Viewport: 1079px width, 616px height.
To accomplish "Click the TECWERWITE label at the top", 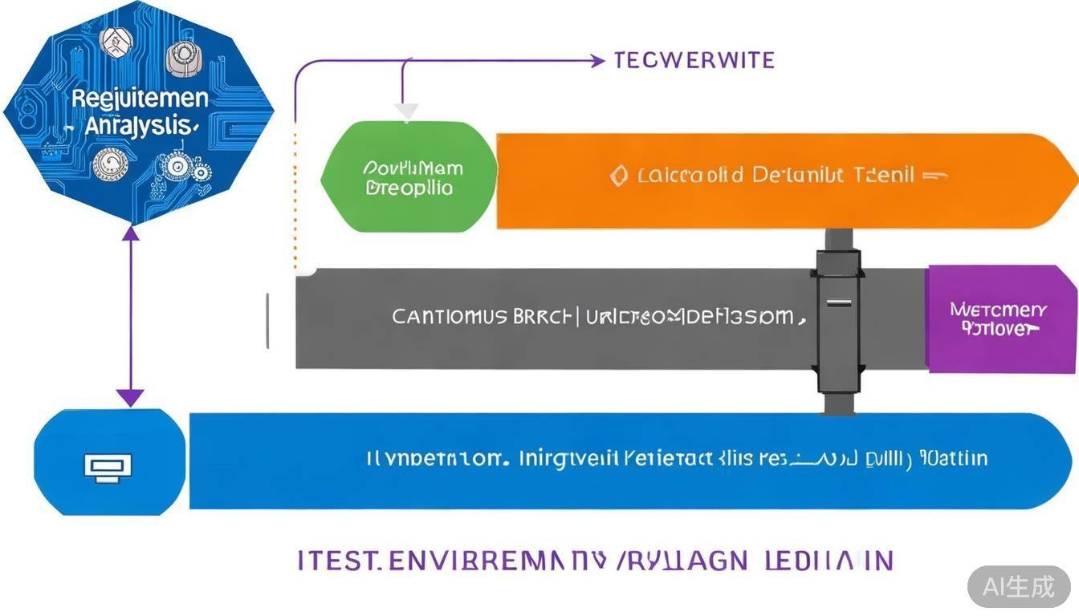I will tap(694, 60).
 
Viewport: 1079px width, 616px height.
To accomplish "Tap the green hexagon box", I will tap(409, 177).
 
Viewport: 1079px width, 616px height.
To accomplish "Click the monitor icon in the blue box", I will tap(108, 466).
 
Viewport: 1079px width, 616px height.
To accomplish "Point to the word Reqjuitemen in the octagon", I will tap(140, 99).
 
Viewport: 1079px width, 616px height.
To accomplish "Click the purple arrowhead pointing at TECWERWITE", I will tap(597, 60).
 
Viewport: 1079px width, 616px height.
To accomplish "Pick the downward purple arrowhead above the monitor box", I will tap(130, 397).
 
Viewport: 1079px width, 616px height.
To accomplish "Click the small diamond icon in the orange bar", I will tap(618, 176).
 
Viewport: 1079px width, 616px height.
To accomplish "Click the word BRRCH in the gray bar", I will tap(542, 317).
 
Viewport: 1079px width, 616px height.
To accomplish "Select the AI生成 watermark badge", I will tap(1019, 586).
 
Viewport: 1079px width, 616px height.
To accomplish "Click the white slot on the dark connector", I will tap(839, 303).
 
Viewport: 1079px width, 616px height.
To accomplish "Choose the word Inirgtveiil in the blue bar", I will tap(569, 460).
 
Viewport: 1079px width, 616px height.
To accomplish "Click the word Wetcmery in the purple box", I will tap(998, 310).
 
